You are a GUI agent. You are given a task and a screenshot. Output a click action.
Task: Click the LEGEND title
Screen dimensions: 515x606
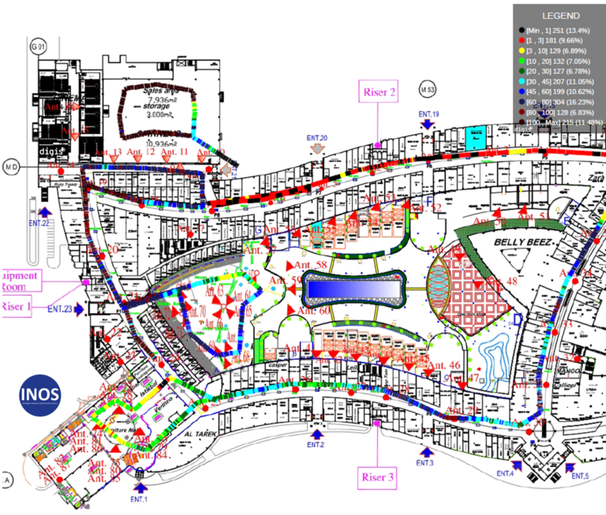[559, 15]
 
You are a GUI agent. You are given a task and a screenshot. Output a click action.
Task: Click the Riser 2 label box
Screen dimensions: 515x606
[379, 91]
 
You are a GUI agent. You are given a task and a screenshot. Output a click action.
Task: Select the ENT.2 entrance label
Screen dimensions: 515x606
[316, 445]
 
